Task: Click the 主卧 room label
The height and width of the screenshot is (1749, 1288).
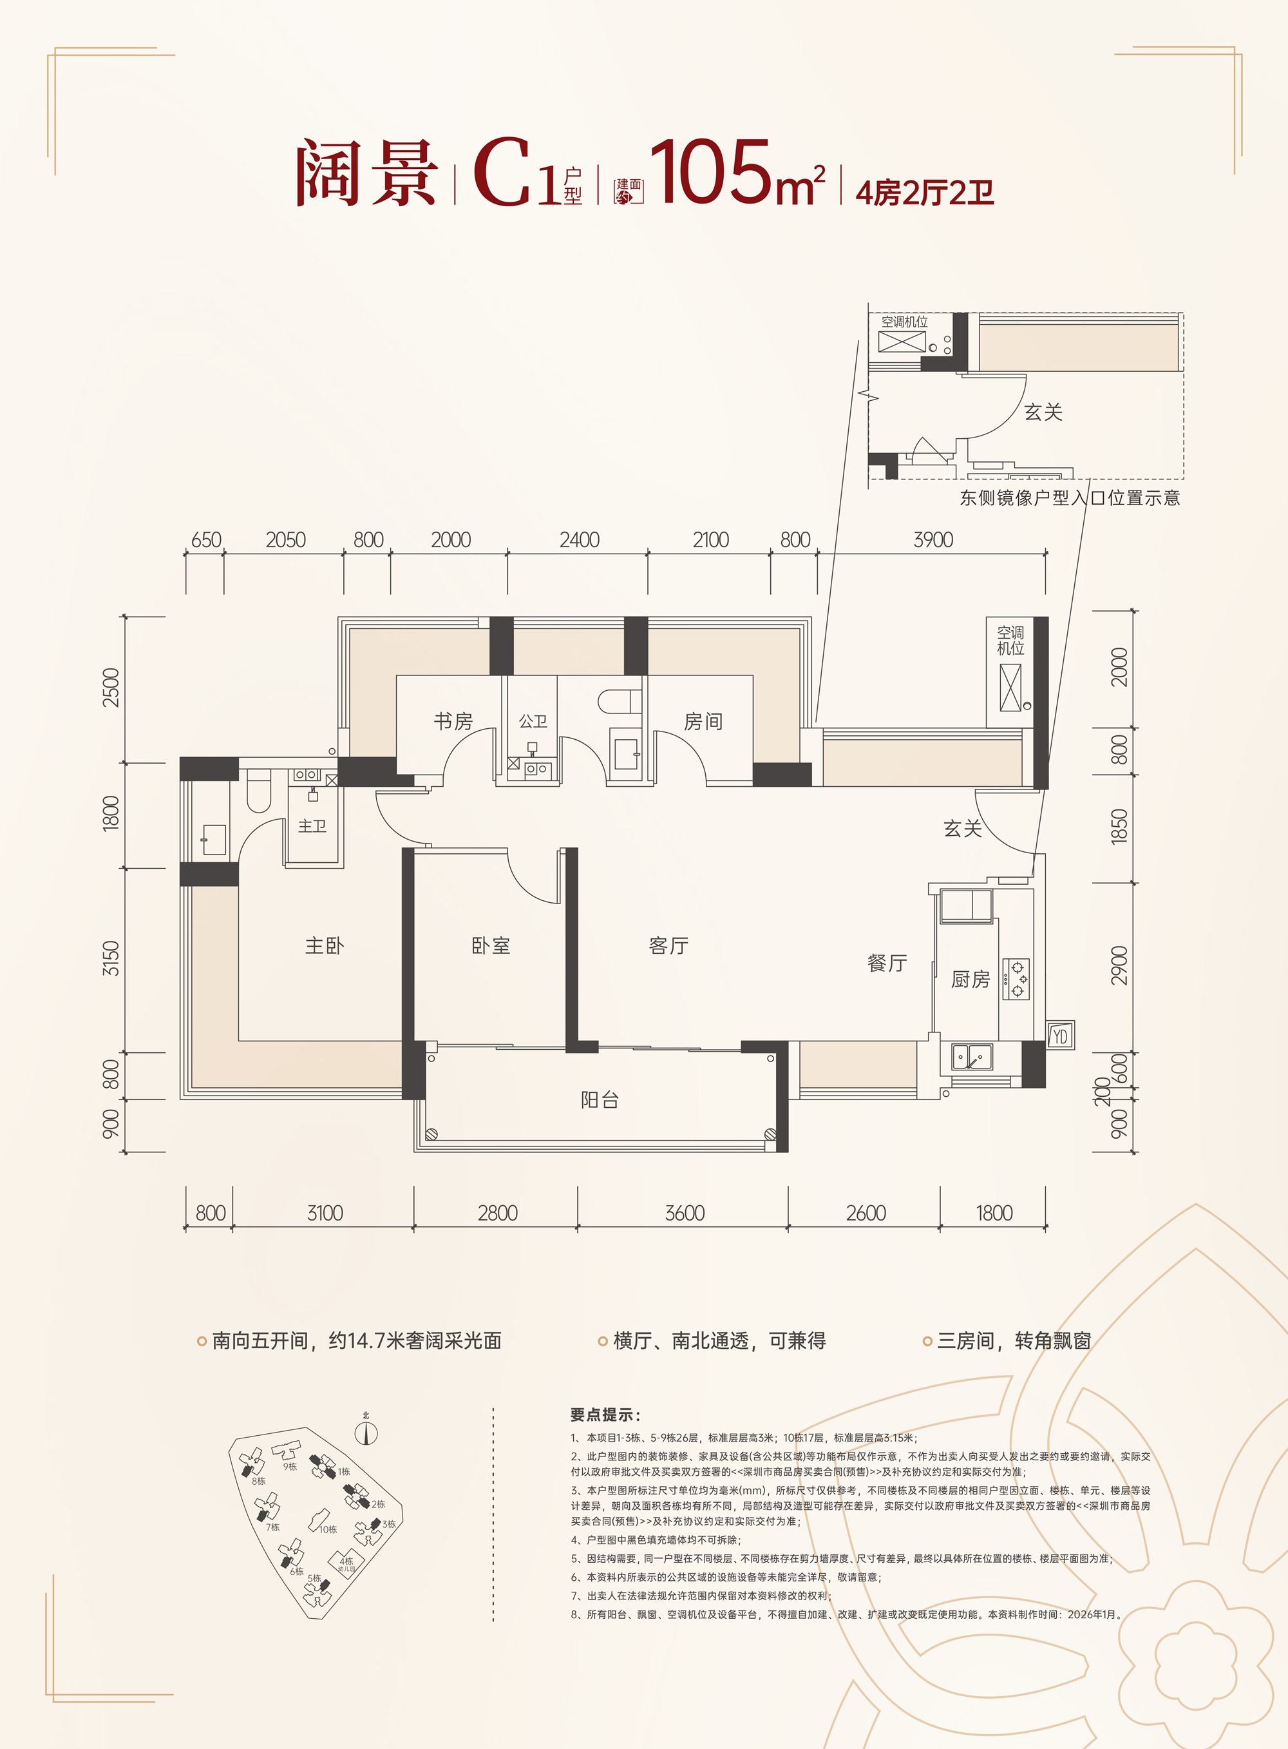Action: (325, 946)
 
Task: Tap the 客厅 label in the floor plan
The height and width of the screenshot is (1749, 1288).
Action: (668, 946)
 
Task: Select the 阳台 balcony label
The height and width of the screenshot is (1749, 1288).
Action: (600, 1101)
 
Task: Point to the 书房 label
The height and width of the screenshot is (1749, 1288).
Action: (453, 722)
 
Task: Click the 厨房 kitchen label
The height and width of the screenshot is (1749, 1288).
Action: (971, 979)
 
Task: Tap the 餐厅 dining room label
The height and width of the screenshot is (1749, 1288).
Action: (887, 963)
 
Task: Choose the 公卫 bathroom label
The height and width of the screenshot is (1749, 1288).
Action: (533, 722)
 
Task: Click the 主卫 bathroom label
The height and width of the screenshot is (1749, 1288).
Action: (312, 826)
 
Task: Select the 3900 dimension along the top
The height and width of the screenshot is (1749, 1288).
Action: (933, 540)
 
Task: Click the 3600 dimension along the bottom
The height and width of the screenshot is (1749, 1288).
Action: (685, 1213)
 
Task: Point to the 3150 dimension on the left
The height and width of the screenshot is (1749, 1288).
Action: (111, 958)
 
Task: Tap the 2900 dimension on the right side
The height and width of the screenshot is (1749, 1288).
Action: (1119, 966)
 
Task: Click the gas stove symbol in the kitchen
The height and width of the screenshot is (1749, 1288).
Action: (1016, 979)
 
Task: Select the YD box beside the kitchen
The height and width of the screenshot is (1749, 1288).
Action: (1059, 1036)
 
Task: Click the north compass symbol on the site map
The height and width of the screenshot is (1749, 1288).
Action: (366, 1433)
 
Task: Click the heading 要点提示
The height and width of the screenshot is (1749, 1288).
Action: (605, 1415)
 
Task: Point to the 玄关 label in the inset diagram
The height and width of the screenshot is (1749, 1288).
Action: (1043, 412)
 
